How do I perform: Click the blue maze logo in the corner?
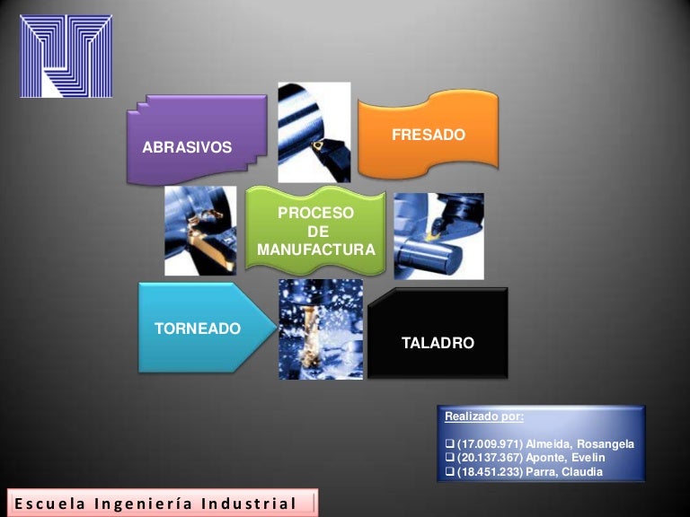click(66, 56)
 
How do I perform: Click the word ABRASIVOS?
click(187, 147)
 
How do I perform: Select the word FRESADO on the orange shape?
click(429, 135)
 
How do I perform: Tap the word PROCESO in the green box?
click(315, 214)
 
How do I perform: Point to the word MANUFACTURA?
click(315, 250)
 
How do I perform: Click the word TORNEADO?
click(198, 329)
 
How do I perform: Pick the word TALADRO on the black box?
click(438, 343)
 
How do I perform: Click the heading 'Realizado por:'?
click(483, 416)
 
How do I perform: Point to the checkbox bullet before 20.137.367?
click(450, 459)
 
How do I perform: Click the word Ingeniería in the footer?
click(150, 504)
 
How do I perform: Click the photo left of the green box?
click(200, 231)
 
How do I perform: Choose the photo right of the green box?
click(438, 235)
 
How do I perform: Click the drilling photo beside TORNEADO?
click(321, 329)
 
